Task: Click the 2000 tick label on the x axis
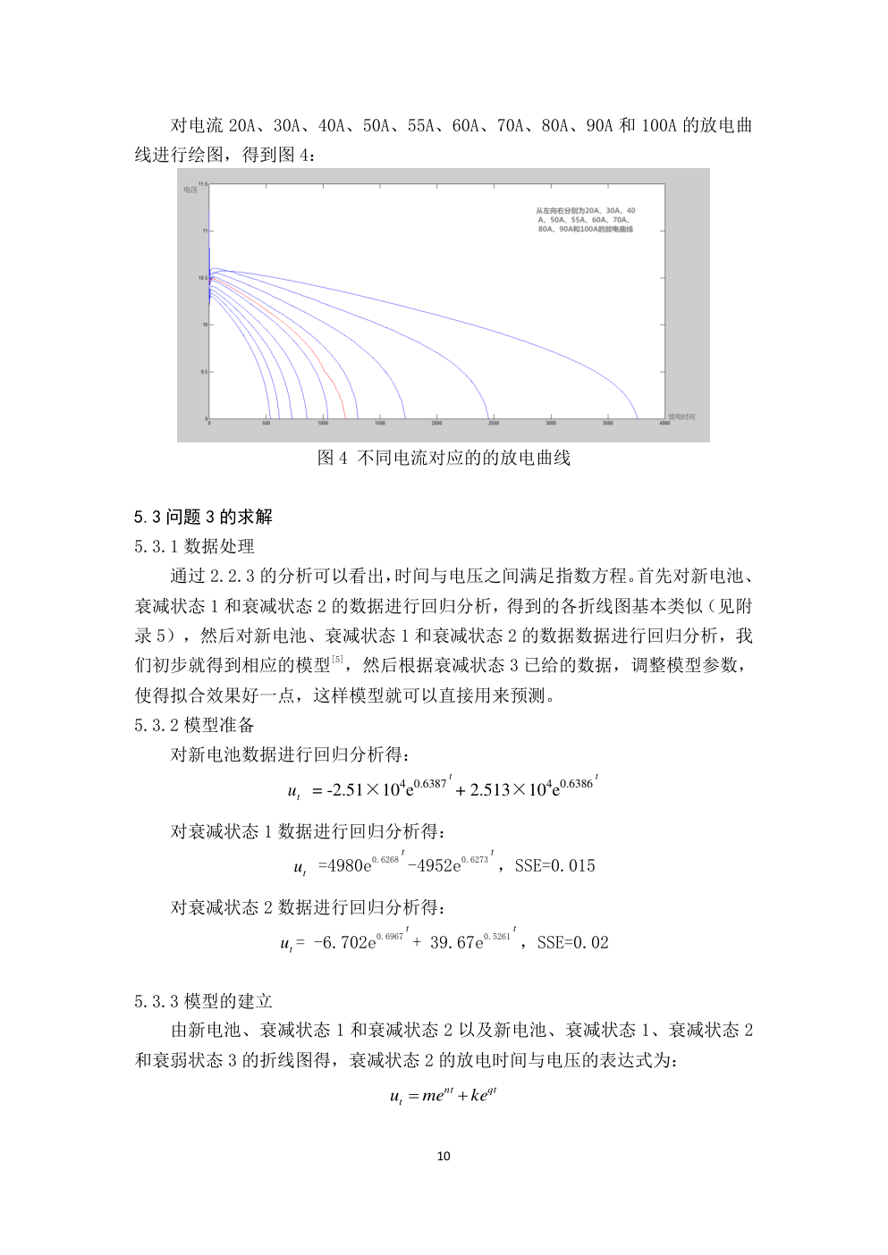pos(436,424)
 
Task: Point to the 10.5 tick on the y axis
pos(203,278)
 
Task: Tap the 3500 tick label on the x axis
pos(607,424)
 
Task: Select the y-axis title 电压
pos(190,190)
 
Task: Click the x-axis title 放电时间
pos(681,417)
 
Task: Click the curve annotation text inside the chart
pos(586,220)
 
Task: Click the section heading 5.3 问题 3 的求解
pos(203,517)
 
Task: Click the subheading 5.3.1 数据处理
pos(194,546)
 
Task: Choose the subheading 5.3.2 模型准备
pos(194,725)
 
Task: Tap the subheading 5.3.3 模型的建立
pos(203,1001)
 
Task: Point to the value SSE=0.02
pos(572,942)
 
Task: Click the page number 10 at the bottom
pos(444,1156)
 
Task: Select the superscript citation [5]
pos(337,660)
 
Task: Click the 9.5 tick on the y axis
pos(203,372)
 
